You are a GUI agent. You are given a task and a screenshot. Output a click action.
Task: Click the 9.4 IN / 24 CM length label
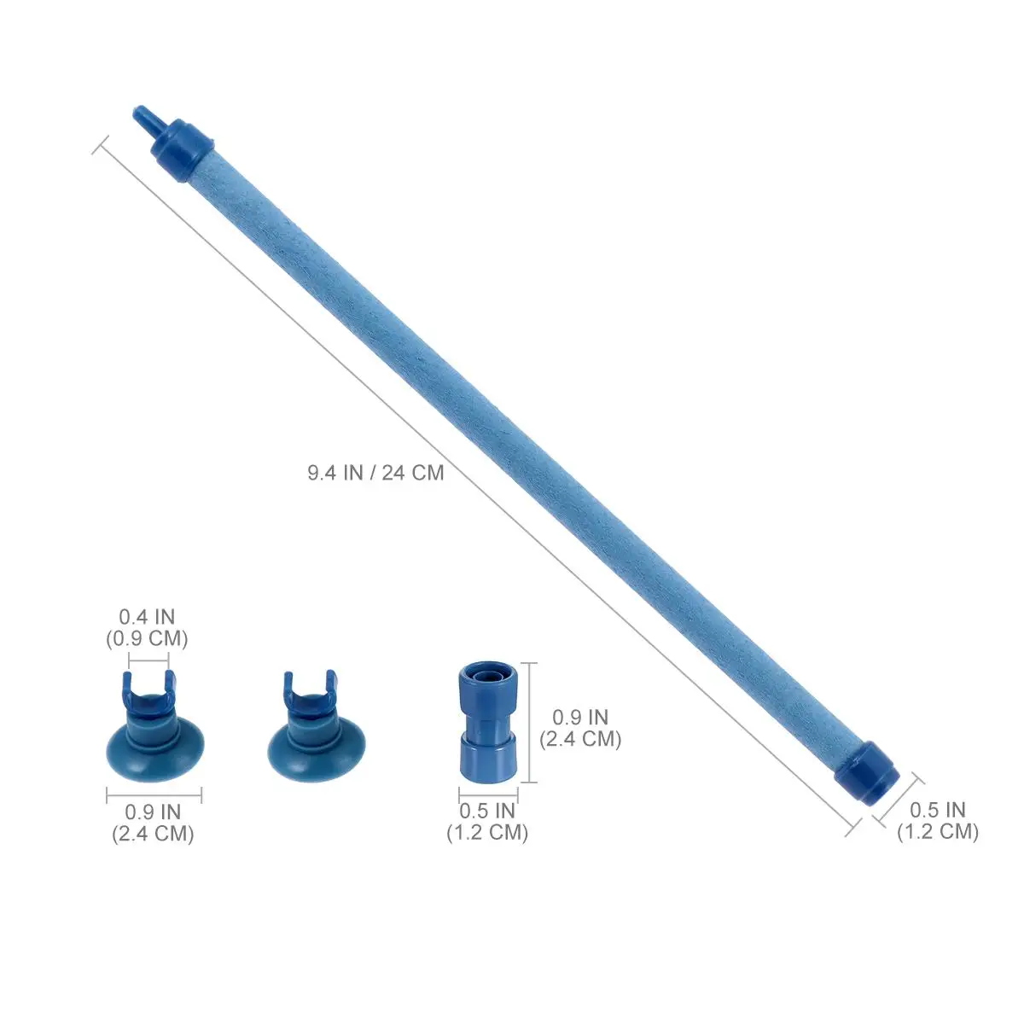tap(375, 472)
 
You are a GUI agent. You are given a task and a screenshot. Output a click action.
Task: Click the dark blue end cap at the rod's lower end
tap(867, 773)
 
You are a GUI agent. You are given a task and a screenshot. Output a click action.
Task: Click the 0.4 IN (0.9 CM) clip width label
tap(147, 626)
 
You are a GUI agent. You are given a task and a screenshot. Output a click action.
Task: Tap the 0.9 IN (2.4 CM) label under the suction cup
tap(153, 823)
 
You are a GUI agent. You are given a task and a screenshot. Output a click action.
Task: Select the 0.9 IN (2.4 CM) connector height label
tap(580, 728)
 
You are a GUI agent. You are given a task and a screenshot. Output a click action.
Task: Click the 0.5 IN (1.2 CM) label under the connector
tap(487, 821)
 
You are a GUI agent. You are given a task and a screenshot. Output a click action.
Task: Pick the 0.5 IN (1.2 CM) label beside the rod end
tap(937, 820)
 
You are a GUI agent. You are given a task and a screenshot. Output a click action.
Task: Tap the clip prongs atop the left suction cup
tap(148, 684)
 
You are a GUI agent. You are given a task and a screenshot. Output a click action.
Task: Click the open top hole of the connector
tap(486, 673)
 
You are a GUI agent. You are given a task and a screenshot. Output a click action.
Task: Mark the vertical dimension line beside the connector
tap(533, 722)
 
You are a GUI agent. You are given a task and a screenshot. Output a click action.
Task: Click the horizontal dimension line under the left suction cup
tap(154, 795)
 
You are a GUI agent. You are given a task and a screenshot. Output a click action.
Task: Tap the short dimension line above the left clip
tap(148, 660)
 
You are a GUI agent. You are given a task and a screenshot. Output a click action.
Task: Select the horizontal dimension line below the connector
tap(487, 794)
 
